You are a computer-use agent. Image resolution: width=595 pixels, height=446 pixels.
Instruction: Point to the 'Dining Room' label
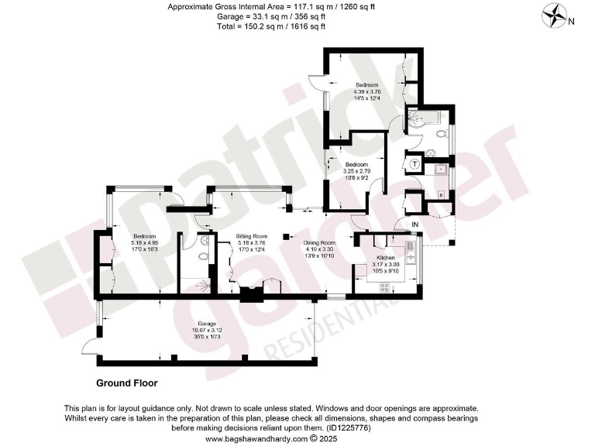point(319,242)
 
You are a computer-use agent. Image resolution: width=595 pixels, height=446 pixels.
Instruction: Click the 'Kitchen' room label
point(386,257)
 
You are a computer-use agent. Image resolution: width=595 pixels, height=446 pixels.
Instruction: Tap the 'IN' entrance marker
point(414,225)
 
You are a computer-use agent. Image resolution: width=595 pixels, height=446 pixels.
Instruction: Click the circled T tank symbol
point(415,164)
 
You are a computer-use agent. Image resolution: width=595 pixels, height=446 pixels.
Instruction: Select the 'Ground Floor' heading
point(126,383)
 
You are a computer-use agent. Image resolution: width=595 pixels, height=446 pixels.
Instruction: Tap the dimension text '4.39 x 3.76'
point(366,91)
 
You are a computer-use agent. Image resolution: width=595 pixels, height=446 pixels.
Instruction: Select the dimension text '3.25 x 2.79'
point(356,170)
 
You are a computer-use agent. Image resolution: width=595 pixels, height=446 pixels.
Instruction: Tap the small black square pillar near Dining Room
point(286,236)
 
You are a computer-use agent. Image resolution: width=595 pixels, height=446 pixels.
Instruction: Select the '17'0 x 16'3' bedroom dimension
point(145,249)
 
